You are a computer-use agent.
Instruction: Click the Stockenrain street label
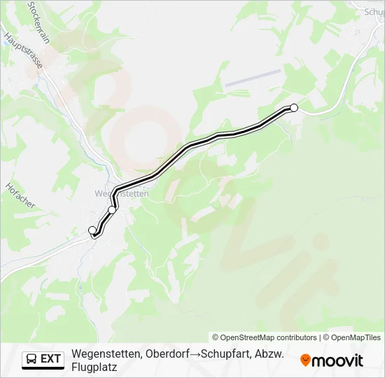tap(38, 22)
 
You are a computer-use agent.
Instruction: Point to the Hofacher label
tap(20, 196)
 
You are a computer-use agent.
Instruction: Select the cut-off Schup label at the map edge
tap(374, 12)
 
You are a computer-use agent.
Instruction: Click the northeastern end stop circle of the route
tap(294, 108)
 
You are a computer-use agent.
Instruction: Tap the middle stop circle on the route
tap(112, 210)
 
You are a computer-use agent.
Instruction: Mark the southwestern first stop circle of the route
tap(92, 230)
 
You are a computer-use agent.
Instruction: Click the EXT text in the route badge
tap(51, 359)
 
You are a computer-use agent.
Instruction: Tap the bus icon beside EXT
tap(31, 359)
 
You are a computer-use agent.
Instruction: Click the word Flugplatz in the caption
tap(94, 366)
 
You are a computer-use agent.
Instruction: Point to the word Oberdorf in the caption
tap(167, 353)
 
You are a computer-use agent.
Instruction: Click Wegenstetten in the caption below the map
tap(106, 353)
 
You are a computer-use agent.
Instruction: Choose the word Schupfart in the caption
tap(223, 353)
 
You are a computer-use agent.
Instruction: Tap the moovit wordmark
tap(337, 360)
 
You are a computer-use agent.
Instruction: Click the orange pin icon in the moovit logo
tap(305, 360)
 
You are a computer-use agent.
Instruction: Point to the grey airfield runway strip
tap(252, 77)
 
